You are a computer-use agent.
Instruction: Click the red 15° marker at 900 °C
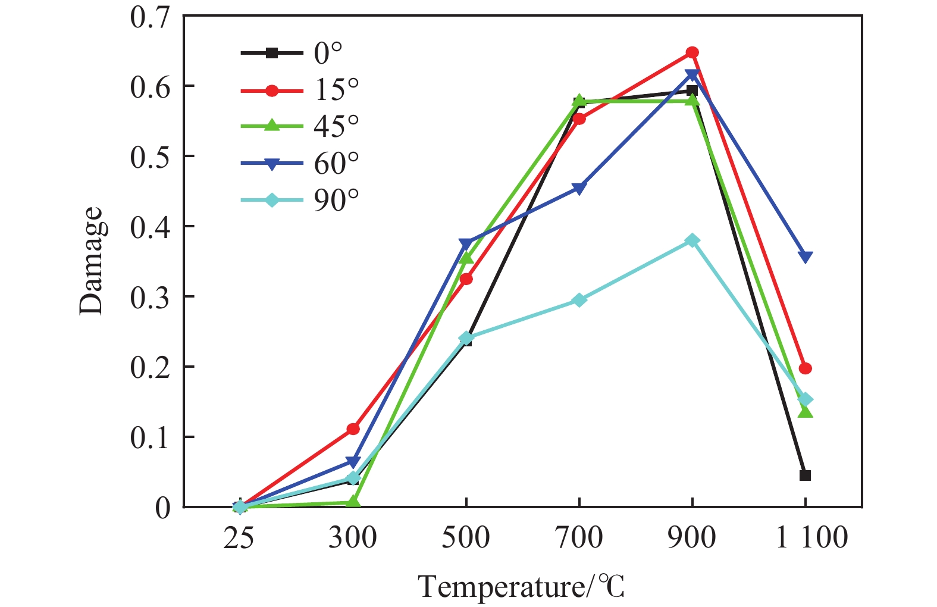pyautogui.click(x=692, y=52)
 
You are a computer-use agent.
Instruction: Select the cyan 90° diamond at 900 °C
pyautogui.click(x=692, y=240)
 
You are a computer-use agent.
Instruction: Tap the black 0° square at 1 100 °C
pyautogui.click(x=805, y=475)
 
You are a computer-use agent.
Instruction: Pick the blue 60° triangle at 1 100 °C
pyautogui.click(x=805, y=257)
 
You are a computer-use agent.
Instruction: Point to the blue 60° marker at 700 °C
pyautogui.click(x=579, y=189)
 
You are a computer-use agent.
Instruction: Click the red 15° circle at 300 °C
pyautogui.click(x=353, y=428)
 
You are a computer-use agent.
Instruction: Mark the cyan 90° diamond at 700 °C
pyautogui.click(x=579, y=300)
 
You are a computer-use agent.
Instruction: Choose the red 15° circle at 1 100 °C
pyautogui.click(x=805, y=368)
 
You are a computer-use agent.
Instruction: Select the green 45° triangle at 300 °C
pyautogui.click(x=353, y=502)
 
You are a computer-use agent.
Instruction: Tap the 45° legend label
pyautogui.click(x=336, y=126)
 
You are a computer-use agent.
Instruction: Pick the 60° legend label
pyautogui.click(x=336, y=164)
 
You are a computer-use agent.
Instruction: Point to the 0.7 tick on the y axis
pyautogui.click(x=150, y=17)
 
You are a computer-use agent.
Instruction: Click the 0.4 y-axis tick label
pyautogui.click(x=150, y=227)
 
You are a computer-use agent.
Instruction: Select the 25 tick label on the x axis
pyautogui.click(x=239, y=537)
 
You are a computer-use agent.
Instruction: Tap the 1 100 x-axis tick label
pyautogui.click(x=811, y=537)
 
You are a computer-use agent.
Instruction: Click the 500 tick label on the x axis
pyautogui.click(x=465, y=537)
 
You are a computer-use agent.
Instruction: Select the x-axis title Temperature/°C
pyautogui.click(x=521, y=587)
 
